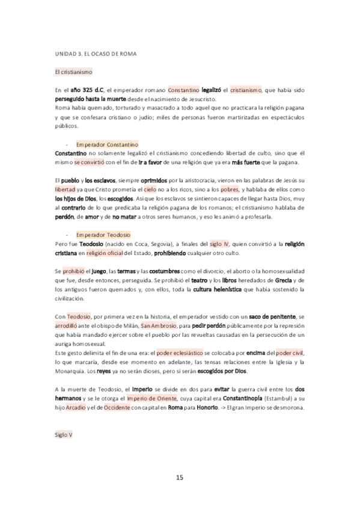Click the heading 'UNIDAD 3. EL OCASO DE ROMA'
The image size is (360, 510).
pyautogui.click(x=94, y=54)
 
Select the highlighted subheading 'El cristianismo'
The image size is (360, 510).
pyautogui.click(x=73, y=72)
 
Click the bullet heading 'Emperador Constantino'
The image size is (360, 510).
pyautogui.click(x=108, y=145)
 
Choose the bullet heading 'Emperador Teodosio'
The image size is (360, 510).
pyautogui.click(x=103, y=234)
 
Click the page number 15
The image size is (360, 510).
pyautogui.click(x=179, y=477)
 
